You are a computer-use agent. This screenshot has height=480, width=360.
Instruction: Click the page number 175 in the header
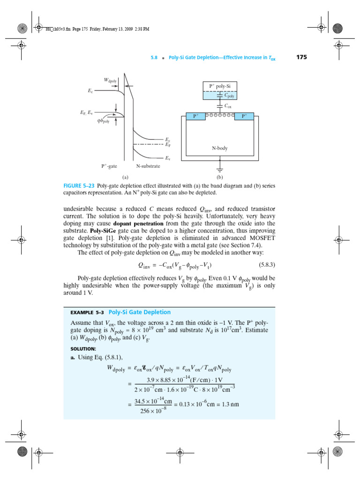tap(301, 58)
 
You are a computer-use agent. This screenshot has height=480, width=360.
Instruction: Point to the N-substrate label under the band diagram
tap(148, 166)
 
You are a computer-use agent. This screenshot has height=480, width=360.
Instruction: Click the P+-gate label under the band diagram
tap(110, 166)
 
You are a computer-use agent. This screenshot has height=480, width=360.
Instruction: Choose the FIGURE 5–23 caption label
tap(79, 186)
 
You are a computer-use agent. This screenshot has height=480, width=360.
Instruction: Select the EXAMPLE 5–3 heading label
tap(87, 313)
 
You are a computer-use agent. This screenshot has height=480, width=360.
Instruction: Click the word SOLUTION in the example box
tap(83, 349)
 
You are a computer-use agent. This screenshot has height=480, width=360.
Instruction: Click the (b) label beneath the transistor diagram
tap(219, 178)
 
